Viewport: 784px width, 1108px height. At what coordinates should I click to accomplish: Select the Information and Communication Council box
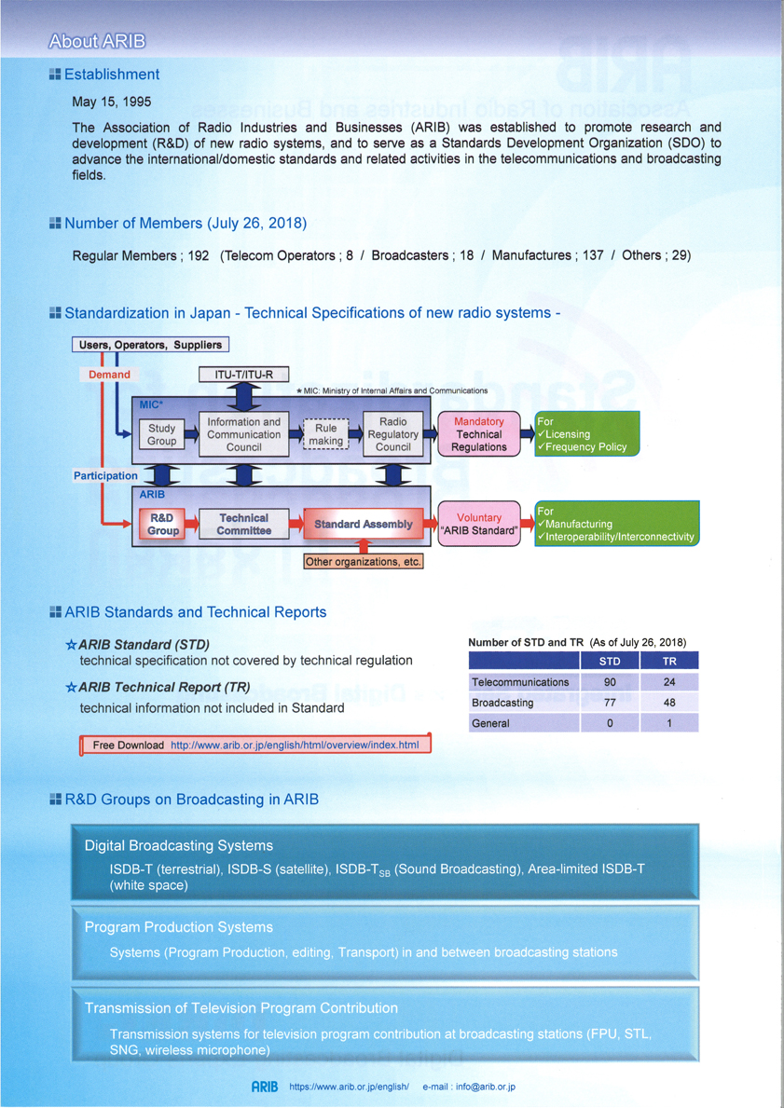244,434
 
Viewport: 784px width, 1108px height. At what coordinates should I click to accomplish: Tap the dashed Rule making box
326,435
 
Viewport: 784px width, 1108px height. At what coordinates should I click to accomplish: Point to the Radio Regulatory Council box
393,434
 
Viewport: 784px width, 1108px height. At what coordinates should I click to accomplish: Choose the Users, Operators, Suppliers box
150,346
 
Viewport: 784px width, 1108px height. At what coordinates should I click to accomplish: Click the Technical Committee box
243,525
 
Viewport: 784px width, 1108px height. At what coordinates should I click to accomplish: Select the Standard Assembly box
363,525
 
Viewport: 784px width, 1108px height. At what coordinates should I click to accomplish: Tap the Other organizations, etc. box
364,563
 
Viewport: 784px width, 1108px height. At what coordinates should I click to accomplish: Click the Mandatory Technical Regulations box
479,434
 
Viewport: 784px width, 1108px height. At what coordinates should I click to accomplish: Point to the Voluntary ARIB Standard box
479,525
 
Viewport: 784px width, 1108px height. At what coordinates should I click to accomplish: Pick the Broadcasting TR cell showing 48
668,703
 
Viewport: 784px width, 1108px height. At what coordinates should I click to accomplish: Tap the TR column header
668,662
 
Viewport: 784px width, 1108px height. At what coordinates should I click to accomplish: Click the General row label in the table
492,724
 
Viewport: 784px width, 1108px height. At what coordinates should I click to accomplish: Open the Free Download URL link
295,745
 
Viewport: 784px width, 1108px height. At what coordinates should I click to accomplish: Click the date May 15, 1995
112,101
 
